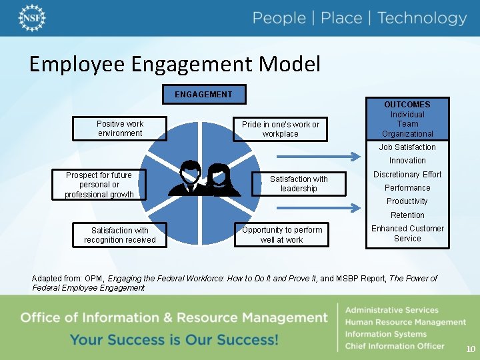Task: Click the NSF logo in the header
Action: pyautogui.click(x=32, y=18)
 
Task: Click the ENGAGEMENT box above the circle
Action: pyautogui.click(x=204, y=94)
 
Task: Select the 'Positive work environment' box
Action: pyautogui.click(x=120, y=129)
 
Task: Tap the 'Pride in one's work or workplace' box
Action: pyautogui.click(x=281, y=129)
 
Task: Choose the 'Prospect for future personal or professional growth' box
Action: pyautogui.click(x=99, y=185)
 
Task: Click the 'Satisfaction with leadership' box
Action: pyautogui.click(x=299, y=184)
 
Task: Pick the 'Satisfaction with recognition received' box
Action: pyautogui.click(x=120, y=235)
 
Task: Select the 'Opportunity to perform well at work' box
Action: pyautogui.click(x=281, y=235)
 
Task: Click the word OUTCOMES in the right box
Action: pyautogui.click(x=407, y=105)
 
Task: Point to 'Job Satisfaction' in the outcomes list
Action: pyautogui.click(x=407, y=147)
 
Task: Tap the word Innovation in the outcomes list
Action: pyautogui.click(x=407, y=161)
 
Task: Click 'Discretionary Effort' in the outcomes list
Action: pyautogui.click(x=407, y=175)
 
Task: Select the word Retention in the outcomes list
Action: pyautogui.click(x=407, y=215)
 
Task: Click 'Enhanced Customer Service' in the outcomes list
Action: pyautogui.click(x=407, y=233)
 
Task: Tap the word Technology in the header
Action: pyautogui.click(x=422, y=18)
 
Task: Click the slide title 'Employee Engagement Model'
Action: pyautogui.click(x=175, y=64)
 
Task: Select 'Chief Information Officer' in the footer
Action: pyautogui.click(x=394, y=346)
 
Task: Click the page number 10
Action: pyautogui.click(x=471, y=349)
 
